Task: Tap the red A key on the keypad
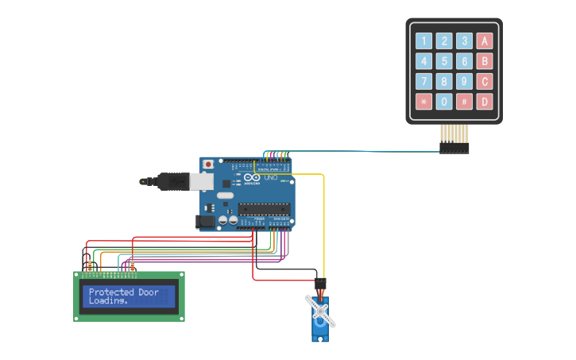pyautogui.click(x=484, y=41)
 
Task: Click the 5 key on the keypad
pyautogui.click(x=444, y=61)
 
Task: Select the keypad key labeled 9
pyautogui.click(x=464, y=81)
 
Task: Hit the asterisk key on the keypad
pyautogui.click(x=423, y=102)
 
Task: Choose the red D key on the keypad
pyautogui.click(x=484, y=102)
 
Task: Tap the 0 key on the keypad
pyautogui.click(x=444, y=102)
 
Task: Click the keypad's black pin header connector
pyautogui.click(x=454, y=149)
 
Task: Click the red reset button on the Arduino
pyautogui.click(x=208, y=165)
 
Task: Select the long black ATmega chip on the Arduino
pyautogui.click(x=262, y=210)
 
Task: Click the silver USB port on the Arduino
pyautogui.click(x=202, y=182)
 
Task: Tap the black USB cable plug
pyautogui.click(x=171, y=182)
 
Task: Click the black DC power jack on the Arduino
pyautogui.click(x=206, y=222)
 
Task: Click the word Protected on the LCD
pyautogui.click(x=112, y=292)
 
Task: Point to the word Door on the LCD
pyautogui.click(x=149, y=292)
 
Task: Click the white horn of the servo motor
pyautogui.click(x=321, y=311)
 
